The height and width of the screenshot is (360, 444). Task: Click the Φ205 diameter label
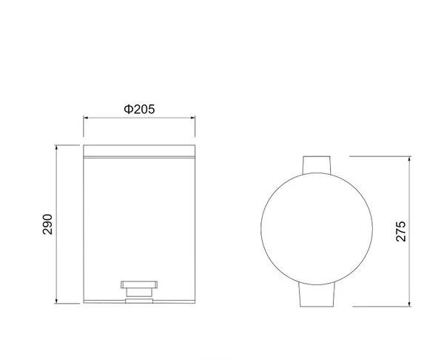tap(139, 109)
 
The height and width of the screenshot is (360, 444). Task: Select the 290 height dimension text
tap(47, 224)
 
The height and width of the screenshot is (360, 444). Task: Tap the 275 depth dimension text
tap(400, 231)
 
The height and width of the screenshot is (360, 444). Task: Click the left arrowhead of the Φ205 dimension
tap(86, 118)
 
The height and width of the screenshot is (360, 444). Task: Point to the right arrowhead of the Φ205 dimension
tap(192, 118)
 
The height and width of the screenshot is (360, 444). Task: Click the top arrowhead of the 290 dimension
tap(56, 147)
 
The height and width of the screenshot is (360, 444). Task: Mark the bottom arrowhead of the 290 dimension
tap(56, 301)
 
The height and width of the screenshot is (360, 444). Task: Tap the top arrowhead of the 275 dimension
tap(409, 159)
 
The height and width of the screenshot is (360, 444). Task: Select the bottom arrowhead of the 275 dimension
tap(409, 304)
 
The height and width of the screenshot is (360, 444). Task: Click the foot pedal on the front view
tap(139, 284)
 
